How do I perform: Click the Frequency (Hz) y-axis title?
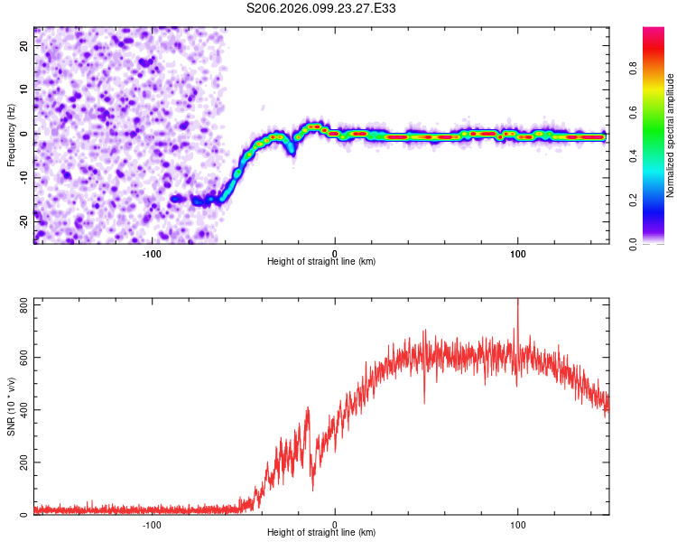[x=11, y=135]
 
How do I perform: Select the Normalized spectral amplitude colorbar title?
[x=671, y=135]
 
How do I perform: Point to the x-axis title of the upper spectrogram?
[x=321, y=261]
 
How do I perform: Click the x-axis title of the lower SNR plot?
[x=321, y=533]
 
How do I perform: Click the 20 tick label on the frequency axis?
[x=24, y=45]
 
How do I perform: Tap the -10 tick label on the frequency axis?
[x=24, y=176]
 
